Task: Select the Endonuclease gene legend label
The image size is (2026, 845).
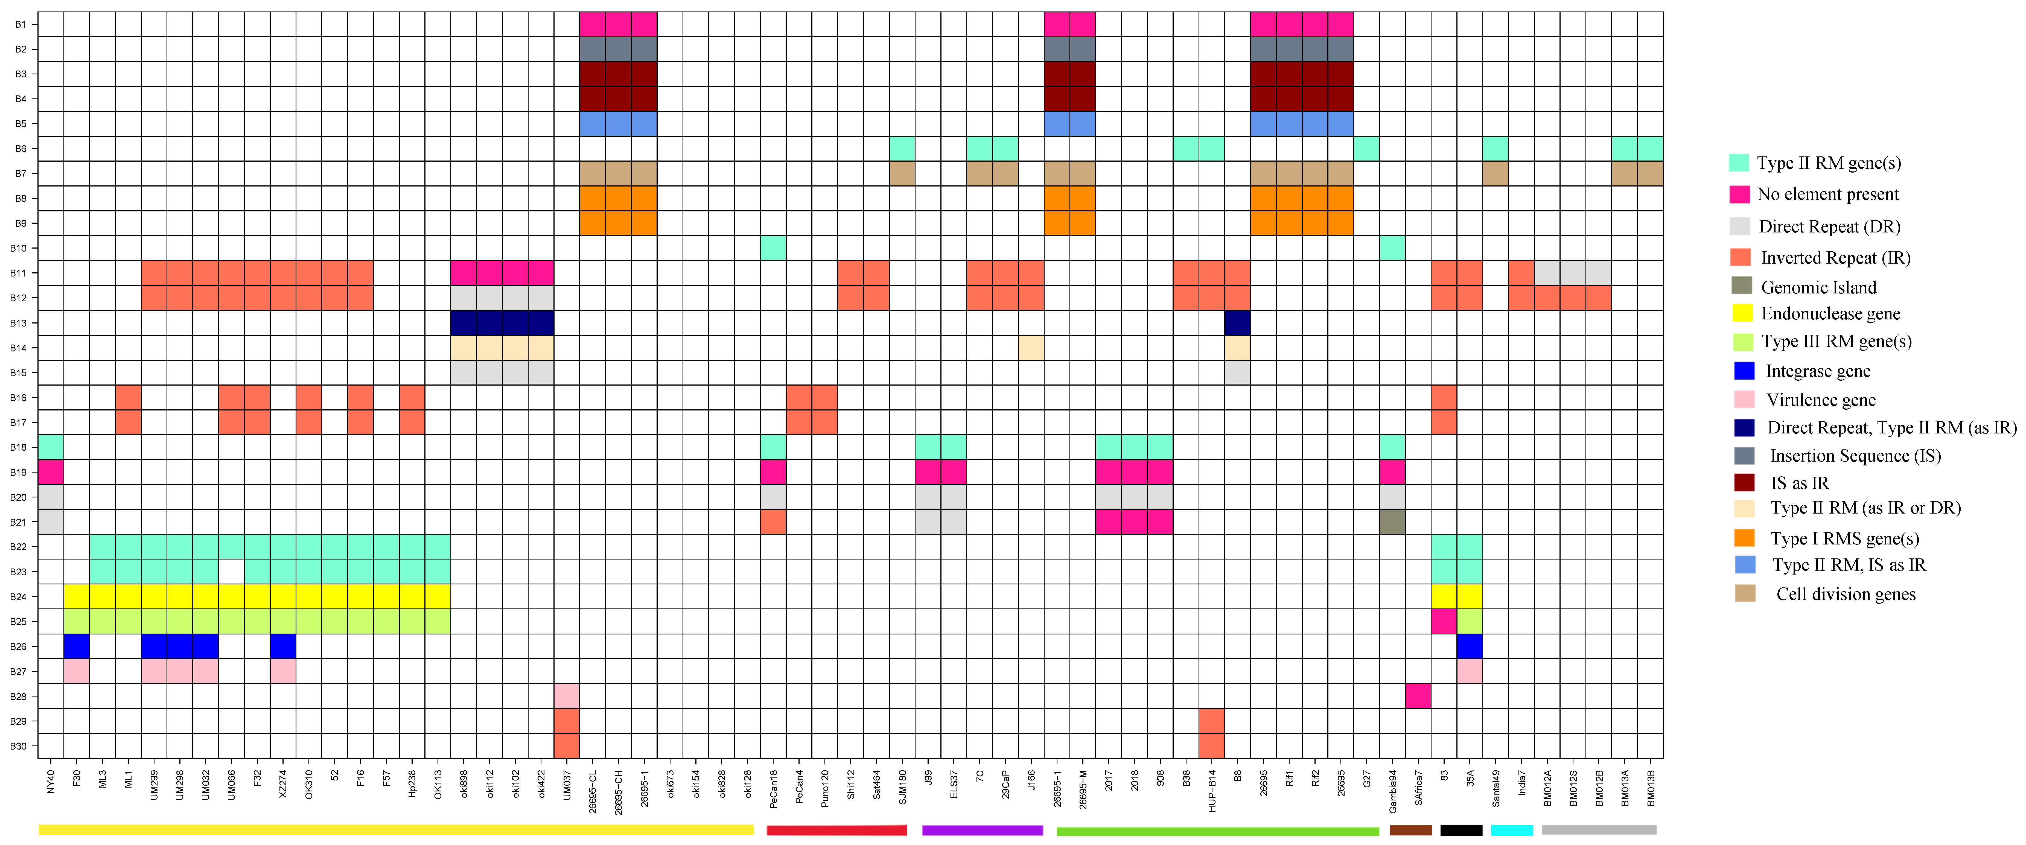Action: (x=1830, y=314)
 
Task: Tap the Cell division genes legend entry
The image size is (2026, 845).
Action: (x=1845, y=594)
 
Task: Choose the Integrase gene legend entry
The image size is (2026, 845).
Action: (x=1818, y=371)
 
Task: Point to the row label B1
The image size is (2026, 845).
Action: (x=21, y=24)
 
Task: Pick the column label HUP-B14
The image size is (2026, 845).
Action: (x=1212, y=791)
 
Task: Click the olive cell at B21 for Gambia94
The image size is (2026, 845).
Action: (x=1392, y=522)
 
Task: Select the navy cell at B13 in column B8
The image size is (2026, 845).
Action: (x=1237, y=323)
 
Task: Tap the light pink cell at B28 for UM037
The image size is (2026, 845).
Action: (x=566, y=696)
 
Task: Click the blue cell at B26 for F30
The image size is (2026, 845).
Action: (x=76, y=646)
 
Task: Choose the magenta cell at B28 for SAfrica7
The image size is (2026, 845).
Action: (x=1418, y=696)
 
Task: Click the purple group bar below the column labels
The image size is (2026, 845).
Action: (x=982, y=830)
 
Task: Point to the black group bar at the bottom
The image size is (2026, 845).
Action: (x=1461, y=830)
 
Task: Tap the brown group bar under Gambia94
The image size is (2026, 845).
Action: (x=1410, y=830)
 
